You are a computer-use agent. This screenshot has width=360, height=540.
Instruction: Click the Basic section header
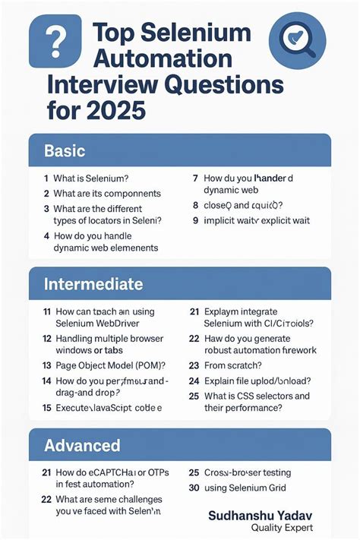(65, 151)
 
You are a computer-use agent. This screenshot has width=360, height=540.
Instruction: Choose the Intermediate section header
(93, 285)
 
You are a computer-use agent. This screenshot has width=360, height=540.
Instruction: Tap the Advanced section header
(82, 445)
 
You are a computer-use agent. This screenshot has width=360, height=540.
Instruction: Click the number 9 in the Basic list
(195, 220)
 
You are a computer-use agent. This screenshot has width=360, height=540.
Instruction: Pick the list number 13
(47, 365)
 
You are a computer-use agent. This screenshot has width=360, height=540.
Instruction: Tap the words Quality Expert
(282, 528)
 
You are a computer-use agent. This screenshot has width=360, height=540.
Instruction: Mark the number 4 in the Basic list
(46, 235)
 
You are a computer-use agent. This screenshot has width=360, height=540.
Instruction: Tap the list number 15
(47, 407)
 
